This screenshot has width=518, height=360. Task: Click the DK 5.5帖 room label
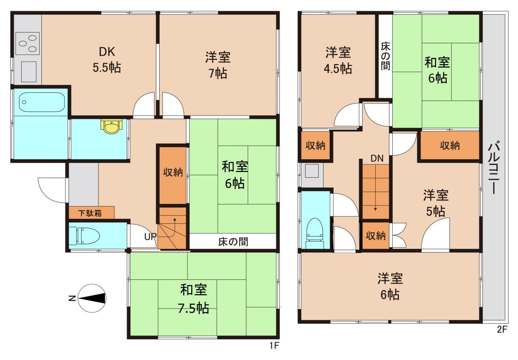107,60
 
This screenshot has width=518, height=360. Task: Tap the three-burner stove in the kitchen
27,43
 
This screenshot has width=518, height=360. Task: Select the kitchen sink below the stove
29,72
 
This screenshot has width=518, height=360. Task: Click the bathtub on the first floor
41,102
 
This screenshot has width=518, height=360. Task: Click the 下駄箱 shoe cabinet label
90,213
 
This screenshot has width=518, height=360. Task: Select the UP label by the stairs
150,237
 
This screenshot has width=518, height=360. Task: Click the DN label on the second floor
377,158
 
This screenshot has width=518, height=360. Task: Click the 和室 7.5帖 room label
194,299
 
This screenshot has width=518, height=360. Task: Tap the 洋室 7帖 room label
218,65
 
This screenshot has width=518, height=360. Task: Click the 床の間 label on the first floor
233,242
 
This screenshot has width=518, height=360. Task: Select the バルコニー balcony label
494,167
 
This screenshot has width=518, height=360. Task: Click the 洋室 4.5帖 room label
338,60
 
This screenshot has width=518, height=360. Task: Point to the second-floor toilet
315,233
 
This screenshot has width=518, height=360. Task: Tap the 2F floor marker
502,329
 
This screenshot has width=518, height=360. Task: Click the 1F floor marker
274,345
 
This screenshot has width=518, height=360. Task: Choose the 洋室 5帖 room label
436,203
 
